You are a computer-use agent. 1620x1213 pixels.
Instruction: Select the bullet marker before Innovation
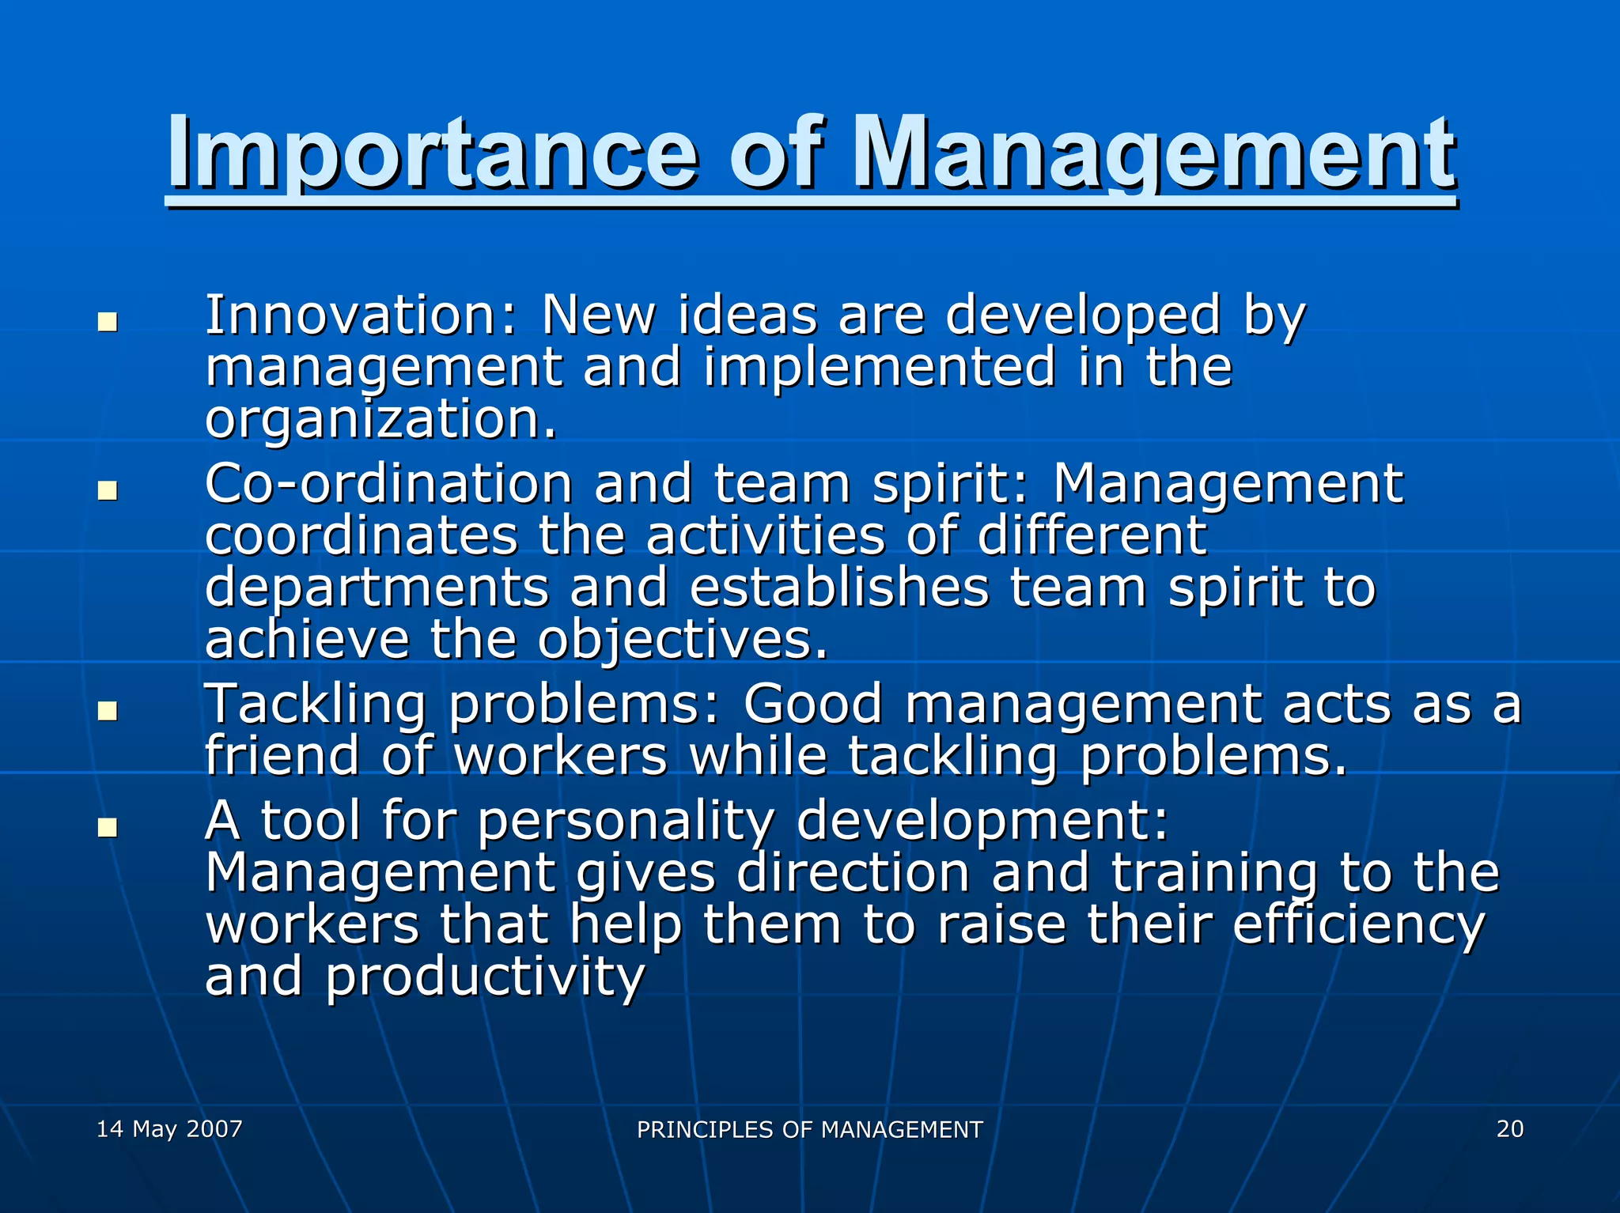[108, 322]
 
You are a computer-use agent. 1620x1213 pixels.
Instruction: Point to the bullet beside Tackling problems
[108, 710]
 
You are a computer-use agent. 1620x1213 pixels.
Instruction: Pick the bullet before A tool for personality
[108, 827]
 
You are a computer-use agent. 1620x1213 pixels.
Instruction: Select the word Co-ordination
[388, 484]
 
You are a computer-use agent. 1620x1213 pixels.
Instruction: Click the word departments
[377, 588]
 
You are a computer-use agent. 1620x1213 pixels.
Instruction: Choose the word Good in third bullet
[812, 704]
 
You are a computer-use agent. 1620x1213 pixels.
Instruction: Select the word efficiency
[1358, 925]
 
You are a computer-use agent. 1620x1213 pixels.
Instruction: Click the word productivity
[485, 977]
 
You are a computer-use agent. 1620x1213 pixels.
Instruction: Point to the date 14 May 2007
[169, 1128]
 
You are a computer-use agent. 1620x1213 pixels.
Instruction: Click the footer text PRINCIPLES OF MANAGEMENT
[809, 1130]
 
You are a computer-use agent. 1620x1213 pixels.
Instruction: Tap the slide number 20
[1509, 1128]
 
